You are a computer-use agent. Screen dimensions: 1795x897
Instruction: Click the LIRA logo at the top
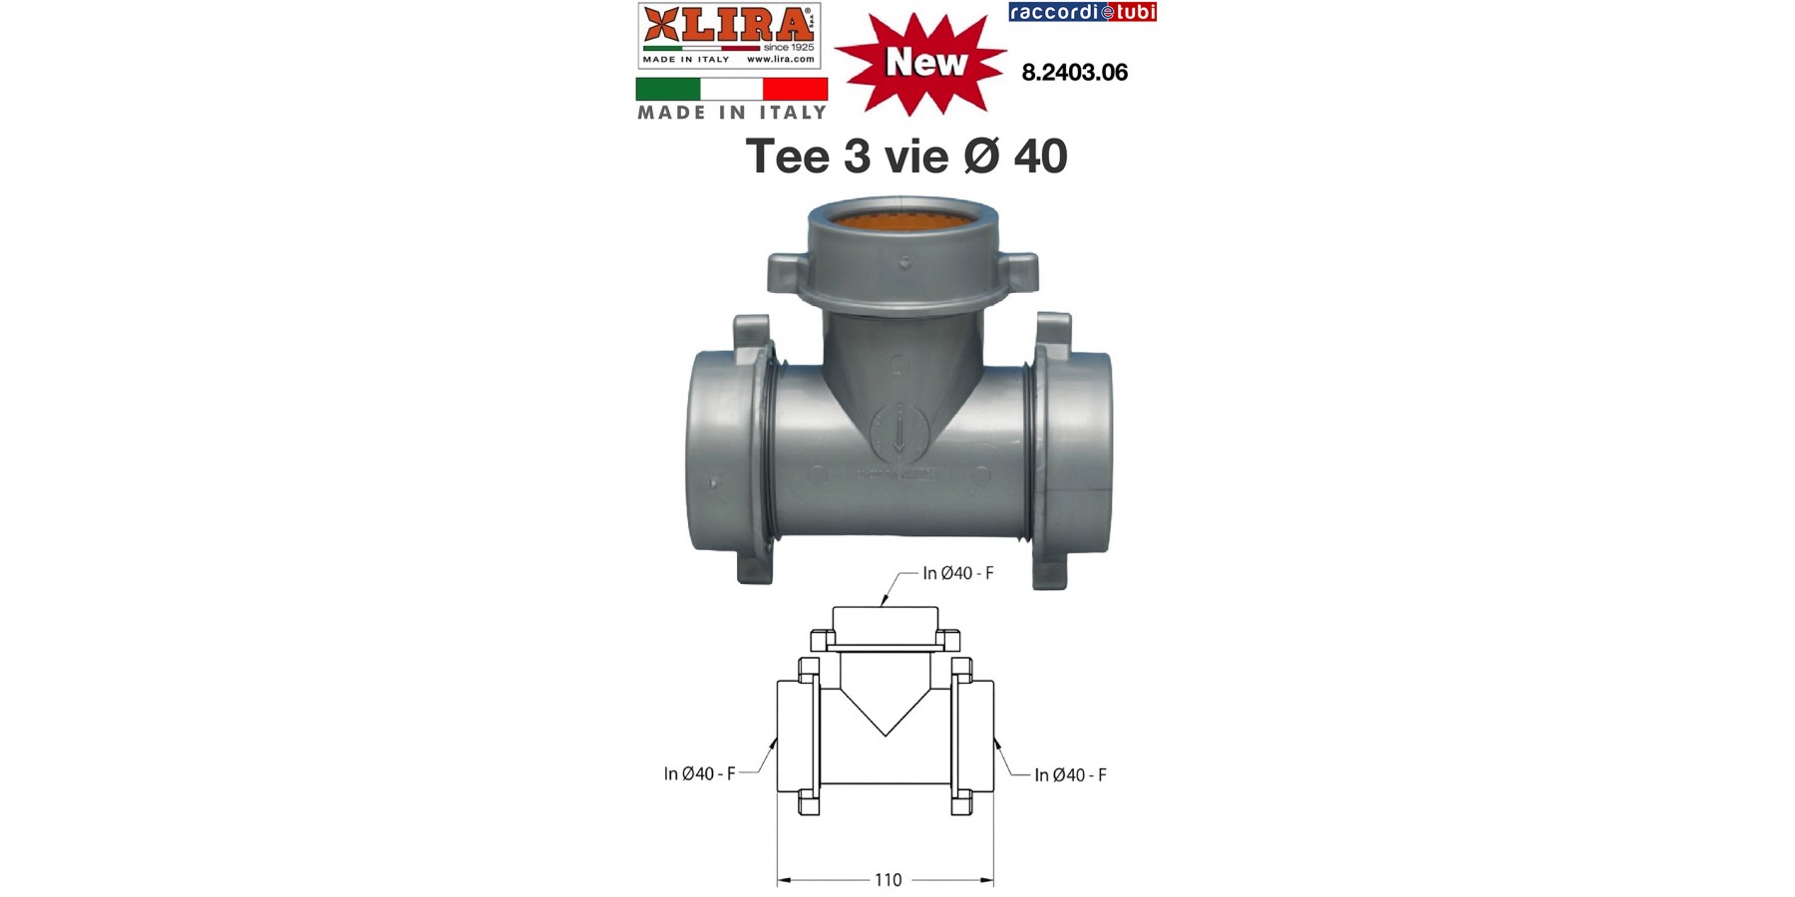[729, 36]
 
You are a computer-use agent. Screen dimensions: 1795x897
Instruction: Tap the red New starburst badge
[920, 63]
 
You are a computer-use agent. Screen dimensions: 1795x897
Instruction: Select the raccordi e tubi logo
[1083, 12]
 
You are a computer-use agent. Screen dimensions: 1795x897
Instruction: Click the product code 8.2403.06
[1075, 73]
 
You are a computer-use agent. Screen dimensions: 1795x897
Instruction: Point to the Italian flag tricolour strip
[732, 89]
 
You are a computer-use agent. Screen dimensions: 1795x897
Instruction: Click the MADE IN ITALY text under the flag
[732, 113]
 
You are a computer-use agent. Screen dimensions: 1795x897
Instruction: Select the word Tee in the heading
[787, 156]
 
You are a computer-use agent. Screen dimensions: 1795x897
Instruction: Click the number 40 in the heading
[1040, 156]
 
